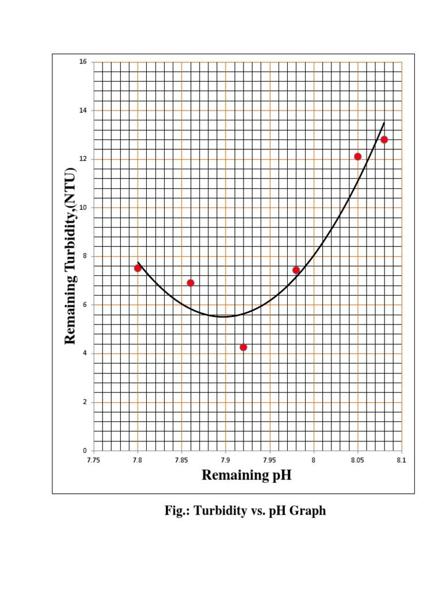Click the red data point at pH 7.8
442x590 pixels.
pos(138,268)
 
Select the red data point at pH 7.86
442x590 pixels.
pos(190,283)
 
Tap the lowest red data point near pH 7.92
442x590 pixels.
pos(243,347)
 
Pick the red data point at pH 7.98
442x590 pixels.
pos(296,270)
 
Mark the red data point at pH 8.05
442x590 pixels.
pos(357,157)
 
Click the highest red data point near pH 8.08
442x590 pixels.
pos(384,139)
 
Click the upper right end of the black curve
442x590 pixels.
pos(384,122)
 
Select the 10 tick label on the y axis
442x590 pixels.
pos(83,207)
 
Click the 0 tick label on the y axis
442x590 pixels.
pos(85,451)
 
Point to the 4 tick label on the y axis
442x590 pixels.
pos(85,353)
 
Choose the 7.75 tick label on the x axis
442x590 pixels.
pos(94,460)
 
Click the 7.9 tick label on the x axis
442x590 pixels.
pos(226,460)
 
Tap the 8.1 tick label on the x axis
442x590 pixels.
pos(401,460)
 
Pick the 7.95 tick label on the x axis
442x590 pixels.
pos(269,460)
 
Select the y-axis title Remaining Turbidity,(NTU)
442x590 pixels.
pos(70,256)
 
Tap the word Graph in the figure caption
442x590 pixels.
pos(309,511)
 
